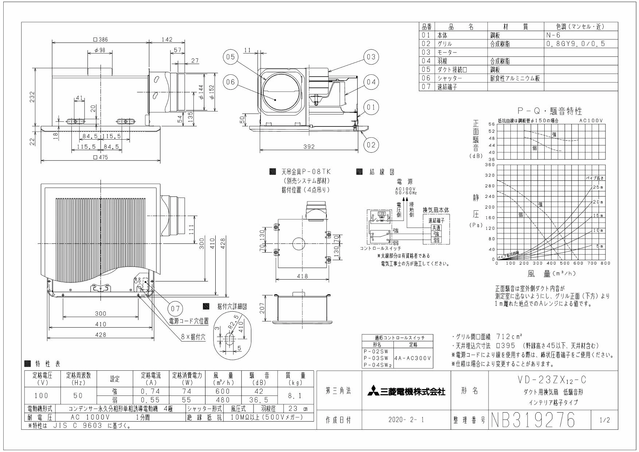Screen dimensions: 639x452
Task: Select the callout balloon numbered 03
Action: (371, 57)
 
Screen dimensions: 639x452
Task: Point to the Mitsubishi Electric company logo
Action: (407, 392)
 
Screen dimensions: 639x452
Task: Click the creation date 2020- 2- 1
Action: (407, 420)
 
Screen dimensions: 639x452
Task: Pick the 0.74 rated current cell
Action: (151, 391)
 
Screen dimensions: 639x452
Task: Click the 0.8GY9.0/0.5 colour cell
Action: (576, 44)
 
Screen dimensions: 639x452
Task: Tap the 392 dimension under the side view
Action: (308, 147)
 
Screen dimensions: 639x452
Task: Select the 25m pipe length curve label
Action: (597, 187)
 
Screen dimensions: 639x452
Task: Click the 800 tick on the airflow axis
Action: (605, 263)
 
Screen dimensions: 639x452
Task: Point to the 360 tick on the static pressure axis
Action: (489, 165)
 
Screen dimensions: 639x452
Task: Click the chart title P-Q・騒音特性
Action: (550, 111)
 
